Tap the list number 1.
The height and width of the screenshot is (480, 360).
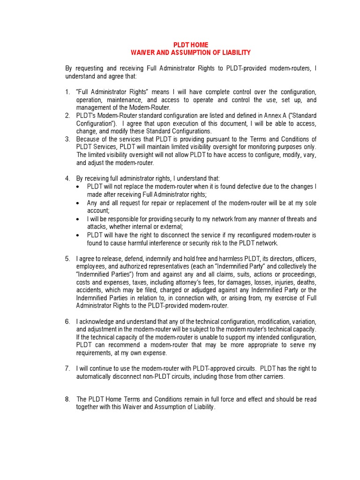[x=67, y=92]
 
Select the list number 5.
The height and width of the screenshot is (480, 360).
[x=67, y=259]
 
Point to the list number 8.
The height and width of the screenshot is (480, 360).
[x=67, y=399]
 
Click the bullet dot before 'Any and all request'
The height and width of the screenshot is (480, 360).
[x=78, y=203]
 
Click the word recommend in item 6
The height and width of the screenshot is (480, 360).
[x=121, y=345]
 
